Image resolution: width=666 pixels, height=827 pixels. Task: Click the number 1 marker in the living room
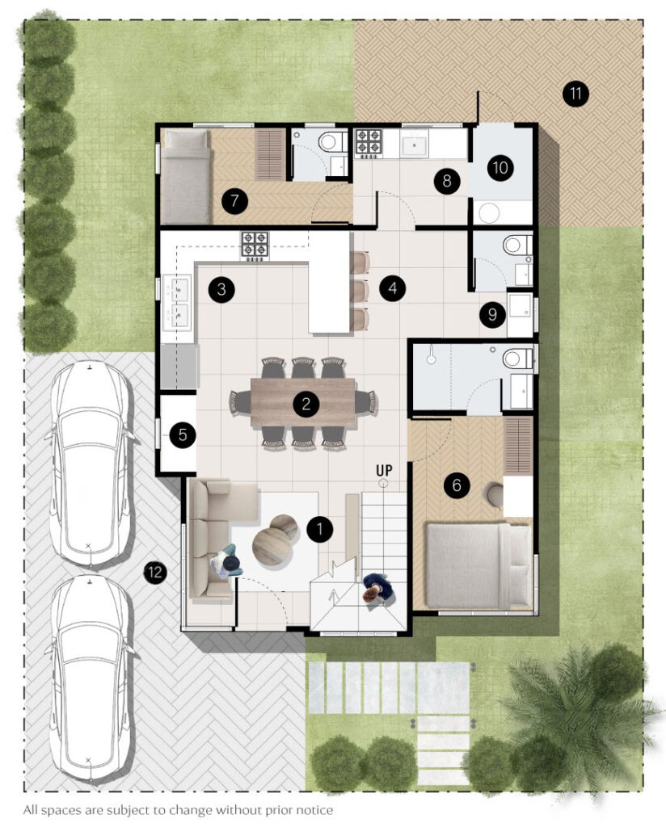pyautogui.click(x=319, y=528)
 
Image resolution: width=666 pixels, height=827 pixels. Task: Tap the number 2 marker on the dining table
pyautogui.click(x=306, y=404)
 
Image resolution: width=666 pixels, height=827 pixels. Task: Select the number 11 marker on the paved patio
pyautogui.click(x=575, y=94)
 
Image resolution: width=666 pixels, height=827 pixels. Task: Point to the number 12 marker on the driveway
pyautogui.click(x=155, y=572)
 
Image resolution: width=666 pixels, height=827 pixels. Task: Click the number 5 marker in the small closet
pyautogui.click(x=183, y=435)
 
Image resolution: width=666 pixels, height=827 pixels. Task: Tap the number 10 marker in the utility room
pyautogui.click(x=499, y=168)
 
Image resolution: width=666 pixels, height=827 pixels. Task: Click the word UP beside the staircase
pyautogui.click(x=384, y=469)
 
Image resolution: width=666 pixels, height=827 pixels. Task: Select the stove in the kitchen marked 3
pyautogui.click(x=255, y=246)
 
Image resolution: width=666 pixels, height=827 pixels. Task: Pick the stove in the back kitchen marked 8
pyautogui.click(x=368, y=144)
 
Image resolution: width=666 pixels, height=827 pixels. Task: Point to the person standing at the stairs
pyautogui.click(x=377, y=587)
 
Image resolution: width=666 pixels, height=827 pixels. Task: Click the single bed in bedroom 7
pyautogui.click(x=186, y=177)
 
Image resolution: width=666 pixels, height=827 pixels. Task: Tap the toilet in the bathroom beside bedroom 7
pyautogui.click(x=331, y=141)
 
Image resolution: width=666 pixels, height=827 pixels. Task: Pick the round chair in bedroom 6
pyautogui.click(x=495, y=494)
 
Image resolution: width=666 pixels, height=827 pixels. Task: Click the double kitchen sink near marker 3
pyautogui.click(x=176, y=302)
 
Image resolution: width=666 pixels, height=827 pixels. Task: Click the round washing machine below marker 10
pyautogui.click(x=489, y=212)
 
